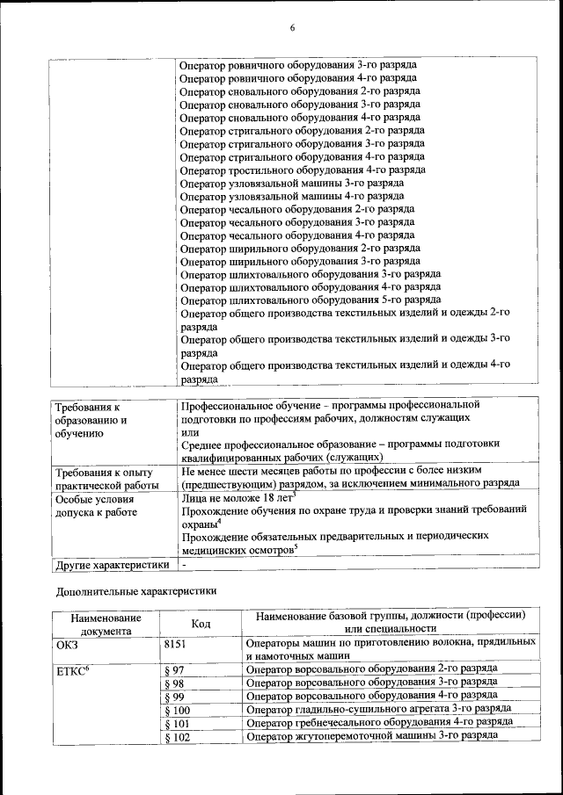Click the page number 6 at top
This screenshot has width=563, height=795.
click(292, 29)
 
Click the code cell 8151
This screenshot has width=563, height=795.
click(176, 644)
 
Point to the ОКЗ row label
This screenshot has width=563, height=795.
click(67, 644)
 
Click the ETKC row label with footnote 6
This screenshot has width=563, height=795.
click(73, 670)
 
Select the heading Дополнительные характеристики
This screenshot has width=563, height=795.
click(135, 592)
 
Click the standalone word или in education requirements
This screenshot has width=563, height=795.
click(189, 431)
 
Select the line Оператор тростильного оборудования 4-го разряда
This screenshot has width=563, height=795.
click(303, 170)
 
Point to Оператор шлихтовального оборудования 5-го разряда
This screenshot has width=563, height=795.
click(311, 300)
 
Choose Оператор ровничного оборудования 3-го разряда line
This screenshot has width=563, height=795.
click(297, 65)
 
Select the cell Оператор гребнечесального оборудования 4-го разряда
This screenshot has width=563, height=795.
click(380, 722)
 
